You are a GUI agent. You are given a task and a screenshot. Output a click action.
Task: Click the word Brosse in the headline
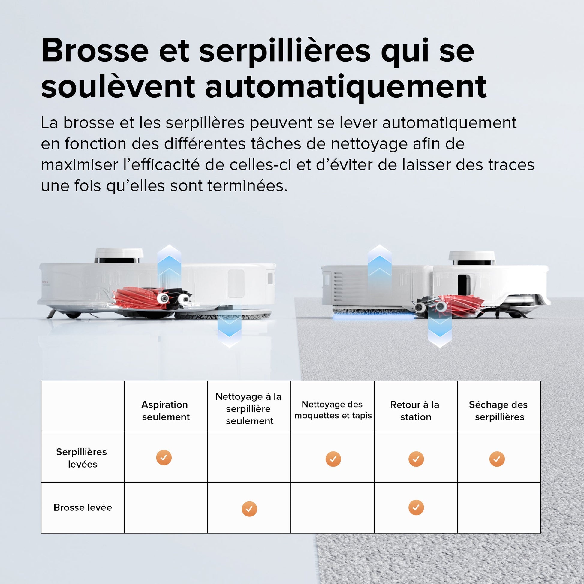95,50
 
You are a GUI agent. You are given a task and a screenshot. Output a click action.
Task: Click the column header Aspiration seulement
165,411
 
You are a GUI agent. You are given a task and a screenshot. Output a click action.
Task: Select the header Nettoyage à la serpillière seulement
249,409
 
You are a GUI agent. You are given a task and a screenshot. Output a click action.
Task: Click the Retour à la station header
415,411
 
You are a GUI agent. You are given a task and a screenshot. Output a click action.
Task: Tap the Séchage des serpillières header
499,411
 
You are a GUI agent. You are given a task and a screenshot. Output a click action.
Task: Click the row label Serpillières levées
82,458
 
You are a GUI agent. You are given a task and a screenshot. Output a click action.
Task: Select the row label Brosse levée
83,507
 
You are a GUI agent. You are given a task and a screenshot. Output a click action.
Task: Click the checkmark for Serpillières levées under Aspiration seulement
164,458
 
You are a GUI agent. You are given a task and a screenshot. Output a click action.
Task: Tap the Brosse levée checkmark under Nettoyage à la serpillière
249,509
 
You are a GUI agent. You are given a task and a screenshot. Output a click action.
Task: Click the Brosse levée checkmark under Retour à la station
416,507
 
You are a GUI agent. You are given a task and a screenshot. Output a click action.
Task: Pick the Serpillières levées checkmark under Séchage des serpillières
497,459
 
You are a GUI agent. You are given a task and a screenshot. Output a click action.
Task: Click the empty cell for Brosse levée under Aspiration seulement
166,508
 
